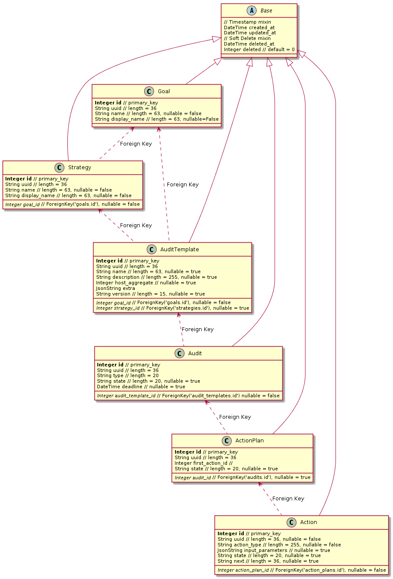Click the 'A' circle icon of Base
(251, 11)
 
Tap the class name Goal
(163, 91)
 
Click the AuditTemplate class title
(179, 250)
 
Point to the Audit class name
(195, 353)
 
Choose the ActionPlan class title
(249, 441)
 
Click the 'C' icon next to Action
(292, 522)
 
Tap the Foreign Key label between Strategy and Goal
(136, 144)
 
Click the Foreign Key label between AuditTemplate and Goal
(182, 185)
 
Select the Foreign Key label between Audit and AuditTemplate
(197, 329)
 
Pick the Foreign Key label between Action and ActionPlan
(288, 499)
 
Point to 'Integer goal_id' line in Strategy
(73, 204)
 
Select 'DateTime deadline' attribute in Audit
(141, 387)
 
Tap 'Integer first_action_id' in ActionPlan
(203, 463)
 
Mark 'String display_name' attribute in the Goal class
(157, 119)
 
